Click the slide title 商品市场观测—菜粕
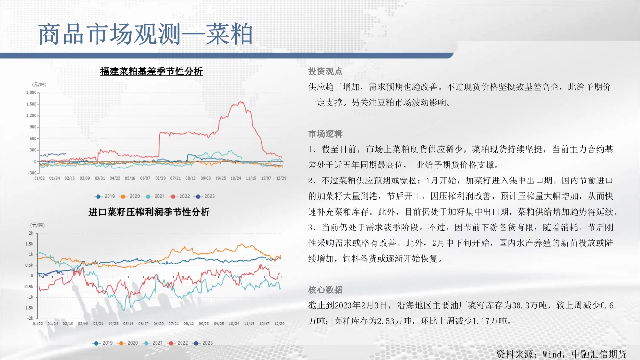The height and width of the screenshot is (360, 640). (145, 34)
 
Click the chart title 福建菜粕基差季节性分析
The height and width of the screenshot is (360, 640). (151, 71)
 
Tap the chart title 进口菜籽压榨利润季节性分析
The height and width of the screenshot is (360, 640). (149, 212)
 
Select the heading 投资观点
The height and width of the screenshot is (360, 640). (325, 71)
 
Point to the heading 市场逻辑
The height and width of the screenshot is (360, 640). (325, 133)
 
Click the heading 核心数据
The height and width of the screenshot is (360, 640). (325, 290)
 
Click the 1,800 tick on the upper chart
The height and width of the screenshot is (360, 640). (31, 92)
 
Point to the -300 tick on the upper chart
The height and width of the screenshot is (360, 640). (32, 173)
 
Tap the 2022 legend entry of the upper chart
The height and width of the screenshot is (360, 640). (180, 196)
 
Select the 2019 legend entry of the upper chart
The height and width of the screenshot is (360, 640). (105, 196)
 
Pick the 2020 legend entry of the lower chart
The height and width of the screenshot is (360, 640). (128, 343)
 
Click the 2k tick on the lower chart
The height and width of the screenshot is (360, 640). (31, 233)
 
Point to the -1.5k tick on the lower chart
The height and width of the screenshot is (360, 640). (29, 308)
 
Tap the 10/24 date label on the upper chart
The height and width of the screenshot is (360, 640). (236, 178)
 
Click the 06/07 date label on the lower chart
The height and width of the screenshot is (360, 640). (144, 324)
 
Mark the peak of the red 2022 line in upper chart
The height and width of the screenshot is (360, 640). (242, 101)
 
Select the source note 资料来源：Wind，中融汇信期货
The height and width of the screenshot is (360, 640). (561, 354)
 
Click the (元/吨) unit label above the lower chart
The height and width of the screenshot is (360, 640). (37, 225)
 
